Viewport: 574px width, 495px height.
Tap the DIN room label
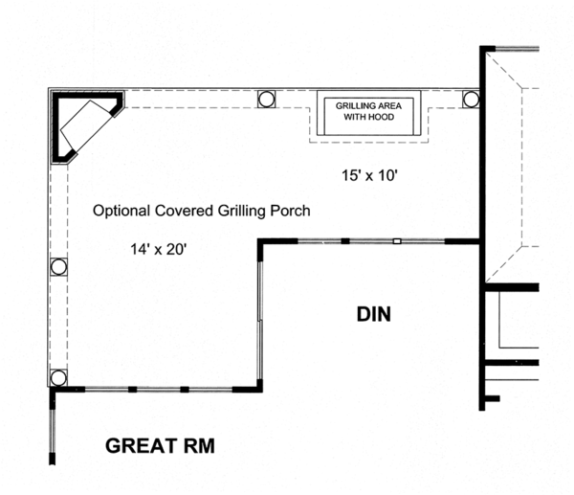(x=375, y=314)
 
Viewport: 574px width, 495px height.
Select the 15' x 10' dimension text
(x=369, y=175)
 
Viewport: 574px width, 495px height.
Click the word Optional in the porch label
(x=121, y=210)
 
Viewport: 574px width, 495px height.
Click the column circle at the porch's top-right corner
(x=471, y=99)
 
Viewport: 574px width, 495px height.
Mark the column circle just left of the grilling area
(x=266, y=99)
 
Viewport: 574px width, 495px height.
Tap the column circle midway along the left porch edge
(x=58, y=267)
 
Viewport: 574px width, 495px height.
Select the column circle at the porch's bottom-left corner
(x=58, y=378)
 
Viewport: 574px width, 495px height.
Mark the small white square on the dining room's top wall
(x=396, y=241)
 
